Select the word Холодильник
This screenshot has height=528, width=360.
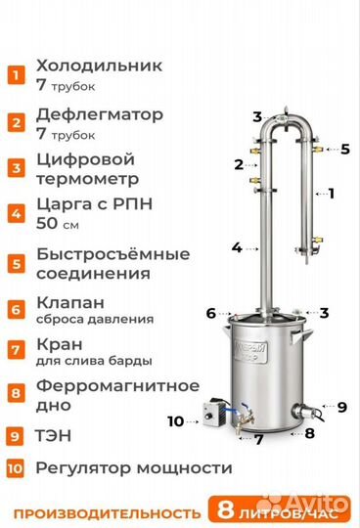point(98,66)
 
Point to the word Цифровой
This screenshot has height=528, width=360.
point(83,159)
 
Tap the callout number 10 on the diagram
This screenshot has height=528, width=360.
point(176,421)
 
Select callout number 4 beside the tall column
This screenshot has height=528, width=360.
point(237,247)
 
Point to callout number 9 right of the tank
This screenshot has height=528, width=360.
point(341,406)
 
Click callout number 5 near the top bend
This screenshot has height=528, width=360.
point(345,149)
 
